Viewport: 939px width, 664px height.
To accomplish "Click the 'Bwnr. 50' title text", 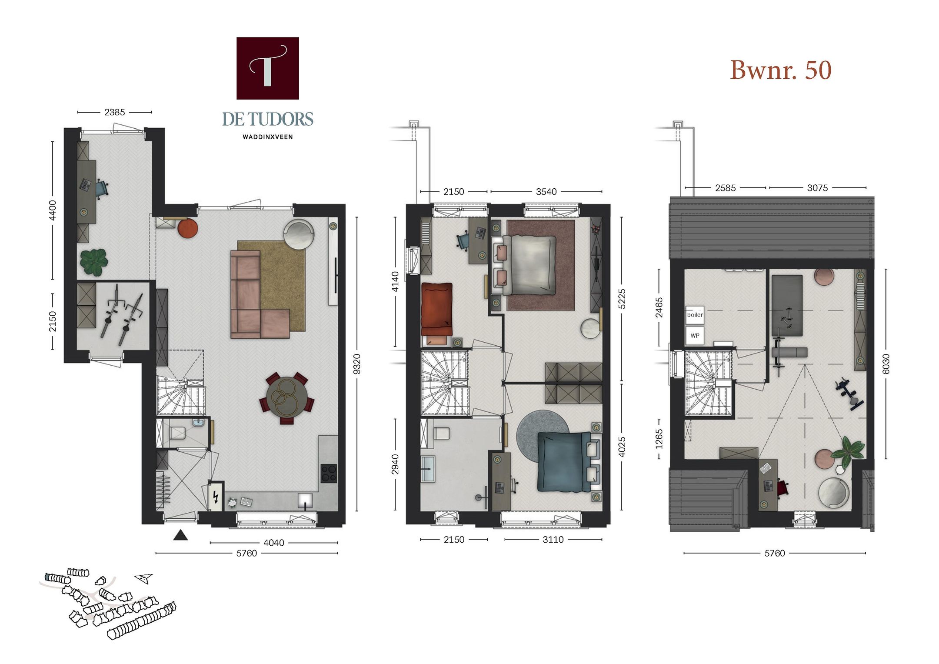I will tap(780, 70).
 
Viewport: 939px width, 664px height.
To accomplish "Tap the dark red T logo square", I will tap(267, 68).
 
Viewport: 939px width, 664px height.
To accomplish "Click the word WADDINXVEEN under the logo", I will tap(267, 137).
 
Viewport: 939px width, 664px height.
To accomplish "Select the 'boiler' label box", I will tap(695, 315).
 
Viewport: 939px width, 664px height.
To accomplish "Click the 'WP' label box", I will tap(695, 335).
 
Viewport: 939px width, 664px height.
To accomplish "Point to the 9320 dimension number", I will tap(356, 364).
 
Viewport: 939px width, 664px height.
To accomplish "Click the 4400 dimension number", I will tap(52, 210).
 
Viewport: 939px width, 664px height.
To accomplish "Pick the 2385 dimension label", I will tap(114, 112).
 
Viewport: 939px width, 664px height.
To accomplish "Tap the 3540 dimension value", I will tap(546, 192).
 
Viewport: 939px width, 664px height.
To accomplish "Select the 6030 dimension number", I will tap(886, 364).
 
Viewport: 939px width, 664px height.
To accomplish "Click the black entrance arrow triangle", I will tap(180, 535).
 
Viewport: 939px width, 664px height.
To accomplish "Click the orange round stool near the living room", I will tap(187, 228).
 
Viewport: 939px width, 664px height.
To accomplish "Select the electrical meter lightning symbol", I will tap(216, 496).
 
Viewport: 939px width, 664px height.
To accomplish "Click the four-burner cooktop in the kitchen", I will tap(329, 473).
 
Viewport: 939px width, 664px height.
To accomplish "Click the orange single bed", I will tap(436, 309).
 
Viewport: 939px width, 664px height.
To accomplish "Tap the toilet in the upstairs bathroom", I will tap(442, 434).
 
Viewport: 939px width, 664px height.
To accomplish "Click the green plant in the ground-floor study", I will tap(94, 262).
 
